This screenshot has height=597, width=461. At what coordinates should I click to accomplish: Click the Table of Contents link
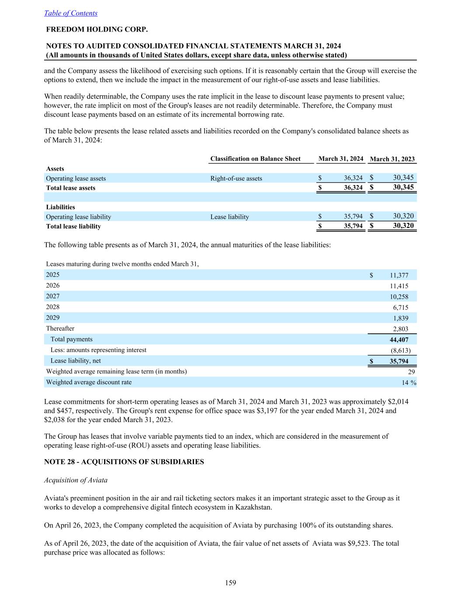[71, 13]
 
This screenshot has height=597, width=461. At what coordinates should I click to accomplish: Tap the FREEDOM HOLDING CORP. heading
[97, 30]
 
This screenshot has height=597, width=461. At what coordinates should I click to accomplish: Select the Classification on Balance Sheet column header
[255, 159]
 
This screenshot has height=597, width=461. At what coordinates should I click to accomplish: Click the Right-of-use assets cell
[236, 178]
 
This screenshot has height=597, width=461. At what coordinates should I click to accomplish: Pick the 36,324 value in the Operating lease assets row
[353, 178]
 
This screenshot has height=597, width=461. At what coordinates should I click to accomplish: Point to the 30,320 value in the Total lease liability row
[403, 226]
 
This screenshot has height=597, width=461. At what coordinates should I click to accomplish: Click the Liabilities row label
[60, 207]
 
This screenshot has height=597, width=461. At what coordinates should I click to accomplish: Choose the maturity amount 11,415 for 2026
[399, 286]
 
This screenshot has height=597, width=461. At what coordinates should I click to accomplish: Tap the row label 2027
[53, 296]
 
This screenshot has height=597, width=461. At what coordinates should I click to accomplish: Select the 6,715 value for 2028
[401, 307]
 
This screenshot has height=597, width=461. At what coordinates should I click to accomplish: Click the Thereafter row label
[60, 328]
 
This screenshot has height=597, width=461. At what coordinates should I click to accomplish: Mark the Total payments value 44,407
[399, 340]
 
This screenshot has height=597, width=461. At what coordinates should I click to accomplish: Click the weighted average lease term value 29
[411, 372]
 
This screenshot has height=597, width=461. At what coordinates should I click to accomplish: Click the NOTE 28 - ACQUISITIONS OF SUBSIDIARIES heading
[124, 462]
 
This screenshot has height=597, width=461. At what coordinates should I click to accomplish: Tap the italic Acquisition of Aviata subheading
[76, 480]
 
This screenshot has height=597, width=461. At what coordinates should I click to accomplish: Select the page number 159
[230, 583]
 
